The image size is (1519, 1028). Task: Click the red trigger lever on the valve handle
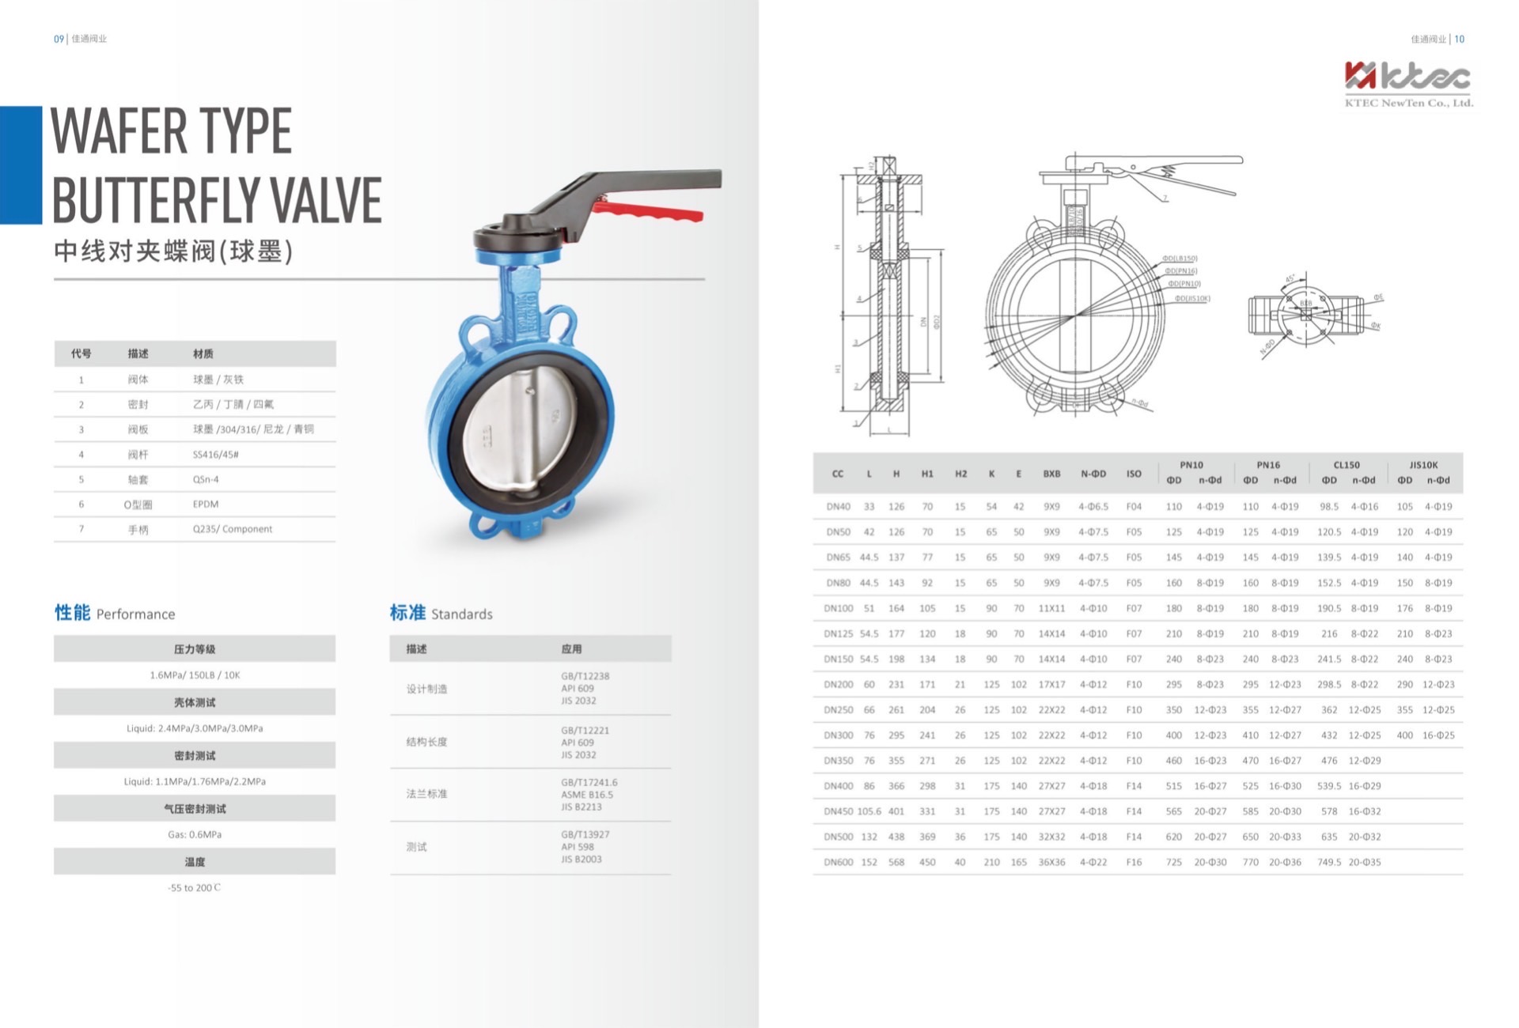(x=649, y=212)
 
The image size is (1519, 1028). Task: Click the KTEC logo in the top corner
(x=1407, y=84)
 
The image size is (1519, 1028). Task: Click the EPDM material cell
(x=206, y=505)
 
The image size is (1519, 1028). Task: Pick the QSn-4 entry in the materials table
(x=206, y=479)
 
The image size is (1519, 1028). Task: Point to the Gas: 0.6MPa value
(x=195, y=834)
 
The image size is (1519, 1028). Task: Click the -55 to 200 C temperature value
(x=195, y=888)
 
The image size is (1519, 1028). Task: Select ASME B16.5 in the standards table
(x=587, y=795)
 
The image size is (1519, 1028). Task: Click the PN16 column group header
(x=1267, y=465)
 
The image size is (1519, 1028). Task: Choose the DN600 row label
(x=838, y=863)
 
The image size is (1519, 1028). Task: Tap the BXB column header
(x=1051, y=474)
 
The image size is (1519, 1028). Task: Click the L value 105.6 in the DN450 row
(x=869, y=811)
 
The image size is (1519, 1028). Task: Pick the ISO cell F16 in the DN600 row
(x=1134, y=863)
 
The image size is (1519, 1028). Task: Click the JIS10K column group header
(x=1423, y=465)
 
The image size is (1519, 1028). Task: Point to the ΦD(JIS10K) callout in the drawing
(x=1192, y=299)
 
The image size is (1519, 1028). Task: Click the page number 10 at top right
(x=1460, y=39)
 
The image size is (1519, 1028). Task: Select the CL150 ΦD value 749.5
(x=1329, y=863)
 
